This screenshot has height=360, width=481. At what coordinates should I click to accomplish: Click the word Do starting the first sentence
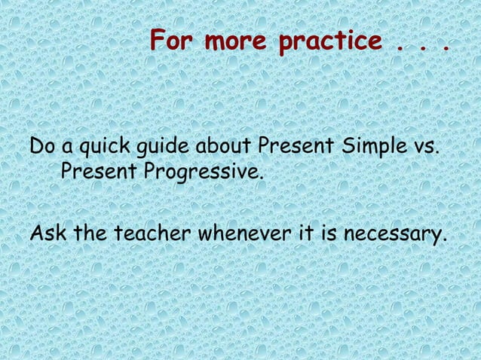pos(41,145)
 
